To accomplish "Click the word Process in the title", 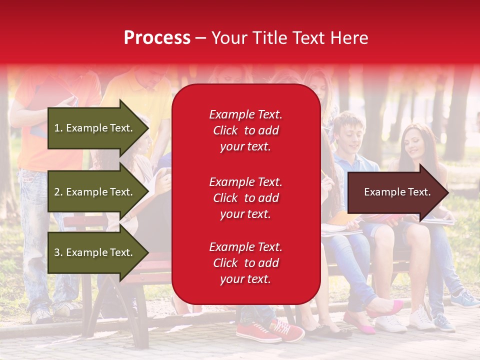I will tap(157, 38).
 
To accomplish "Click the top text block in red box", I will tap(245, 130).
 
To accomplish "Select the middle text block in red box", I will tap(245, 198).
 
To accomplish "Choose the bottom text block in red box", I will tap(245, 263).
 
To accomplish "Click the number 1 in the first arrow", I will tap(57, 128).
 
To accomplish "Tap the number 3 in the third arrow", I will tap(57, 252).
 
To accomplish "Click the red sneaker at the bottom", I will tap(257, 331).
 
